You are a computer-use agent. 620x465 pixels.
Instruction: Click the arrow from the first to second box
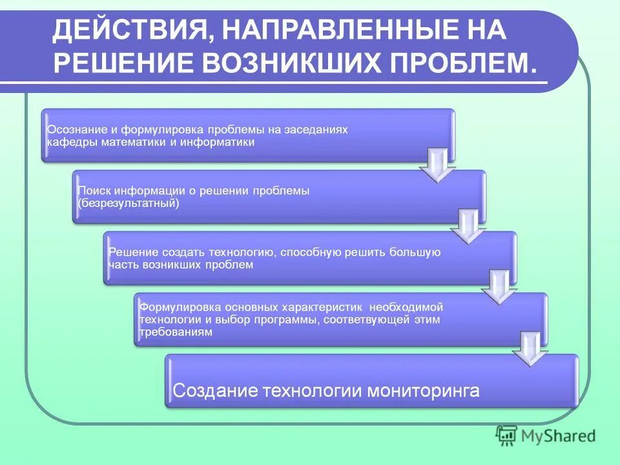click(x=437, y=166)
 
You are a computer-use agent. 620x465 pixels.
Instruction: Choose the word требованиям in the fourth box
click(x=176, y=332)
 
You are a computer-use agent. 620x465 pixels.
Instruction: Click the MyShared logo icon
click(x=507, y=436)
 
